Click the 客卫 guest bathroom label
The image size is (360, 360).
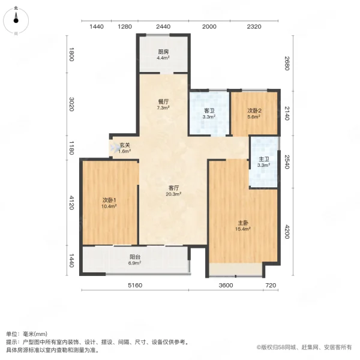[x=209, y=110]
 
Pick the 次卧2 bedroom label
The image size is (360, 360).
[x=254, y=110]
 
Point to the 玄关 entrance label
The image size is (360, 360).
[x=124, y=145]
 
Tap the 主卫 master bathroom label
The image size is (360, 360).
[x=263, y=159]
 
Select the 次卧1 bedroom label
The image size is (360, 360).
[x=109, y=200]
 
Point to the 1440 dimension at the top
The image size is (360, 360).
[x=97, y=27]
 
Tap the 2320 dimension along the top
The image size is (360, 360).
[x=254, y=27]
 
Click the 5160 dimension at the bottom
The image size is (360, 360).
[x=134, y=285]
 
